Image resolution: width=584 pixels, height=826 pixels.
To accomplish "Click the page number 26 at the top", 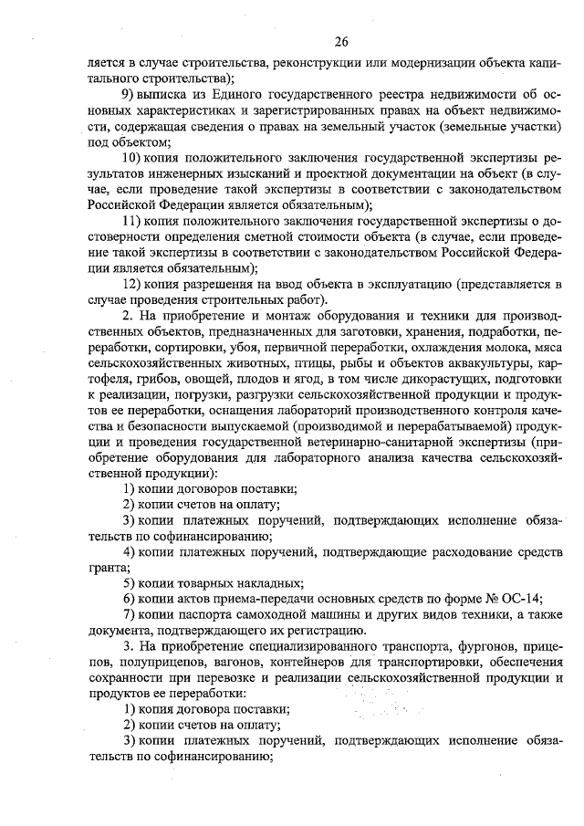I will click(x=341, y=41).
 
